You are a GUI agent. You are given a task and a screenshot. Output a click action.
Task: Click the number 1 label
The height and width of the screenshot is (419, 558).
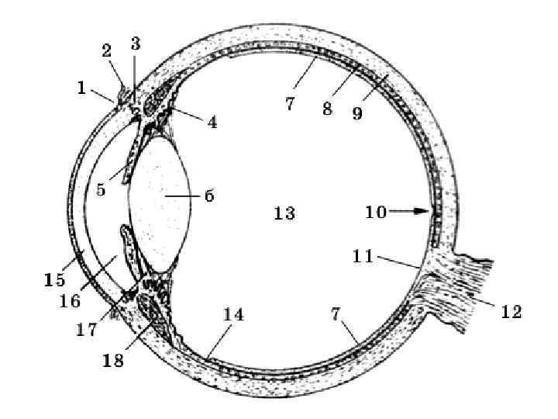coord(81,88)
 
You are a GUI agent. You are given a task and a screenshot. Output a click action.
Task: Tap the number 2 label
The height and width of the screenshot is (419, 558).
coord(108,51)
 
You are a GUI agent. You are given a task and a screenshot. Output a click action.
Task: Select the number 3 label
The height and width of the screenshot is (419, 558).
coord(136,43)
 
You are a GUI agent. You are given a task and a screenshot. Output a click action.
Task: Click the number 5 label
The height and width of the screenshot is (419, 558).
coord(101,189)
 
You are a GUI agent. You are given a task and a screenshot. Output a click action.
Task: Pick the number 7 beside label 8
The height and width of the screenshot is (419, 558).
coord(290,102)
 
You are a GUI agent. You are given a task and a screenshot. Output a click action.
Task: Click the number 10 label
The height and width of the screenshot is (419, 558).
coord(376,212)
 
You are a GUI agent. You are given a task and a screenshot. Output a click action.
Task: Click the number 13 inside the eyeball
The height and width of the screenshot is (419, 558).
coord(284,213)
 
